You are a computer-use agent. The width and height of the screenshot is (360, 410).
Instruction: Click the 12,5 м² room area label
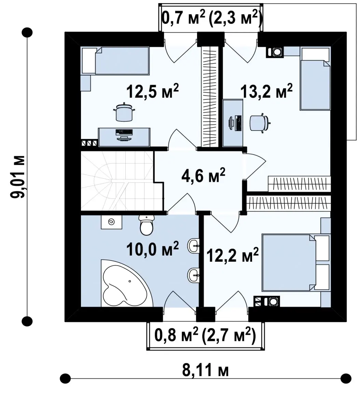click(152, 91)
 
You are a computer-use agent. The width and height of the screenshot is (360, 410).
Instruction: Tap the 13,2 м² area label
click(266, 91)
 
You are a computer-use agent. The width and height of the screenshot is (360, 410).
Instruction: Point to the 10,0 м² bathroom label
click(152, 248)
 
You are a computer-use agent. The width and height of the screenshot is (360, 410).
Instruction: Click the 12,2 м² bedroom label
click(233, 255)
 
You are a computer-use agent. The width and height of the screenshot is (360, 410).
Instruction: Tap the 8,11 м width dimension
click(205, 370)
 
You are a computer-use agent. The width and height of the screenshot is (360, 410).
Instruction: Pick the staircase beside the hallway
click(122, 181)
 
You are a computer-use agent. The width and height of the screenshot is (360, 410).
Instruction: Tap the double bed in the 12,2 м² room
click(296, 263)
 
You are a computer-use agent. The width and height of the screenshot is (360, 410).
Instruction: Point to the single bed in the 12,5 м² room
click(115, 61)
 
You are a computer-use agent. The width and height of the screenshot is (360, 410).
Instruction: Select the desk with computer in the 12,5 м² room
click(124, 137)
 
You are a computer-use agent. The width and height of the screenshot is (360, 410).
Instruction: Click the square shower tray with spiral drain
click(111, 222)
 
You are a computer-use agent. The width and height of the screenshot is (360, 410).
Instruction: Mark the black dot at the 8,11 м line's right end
click(346, 378)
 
